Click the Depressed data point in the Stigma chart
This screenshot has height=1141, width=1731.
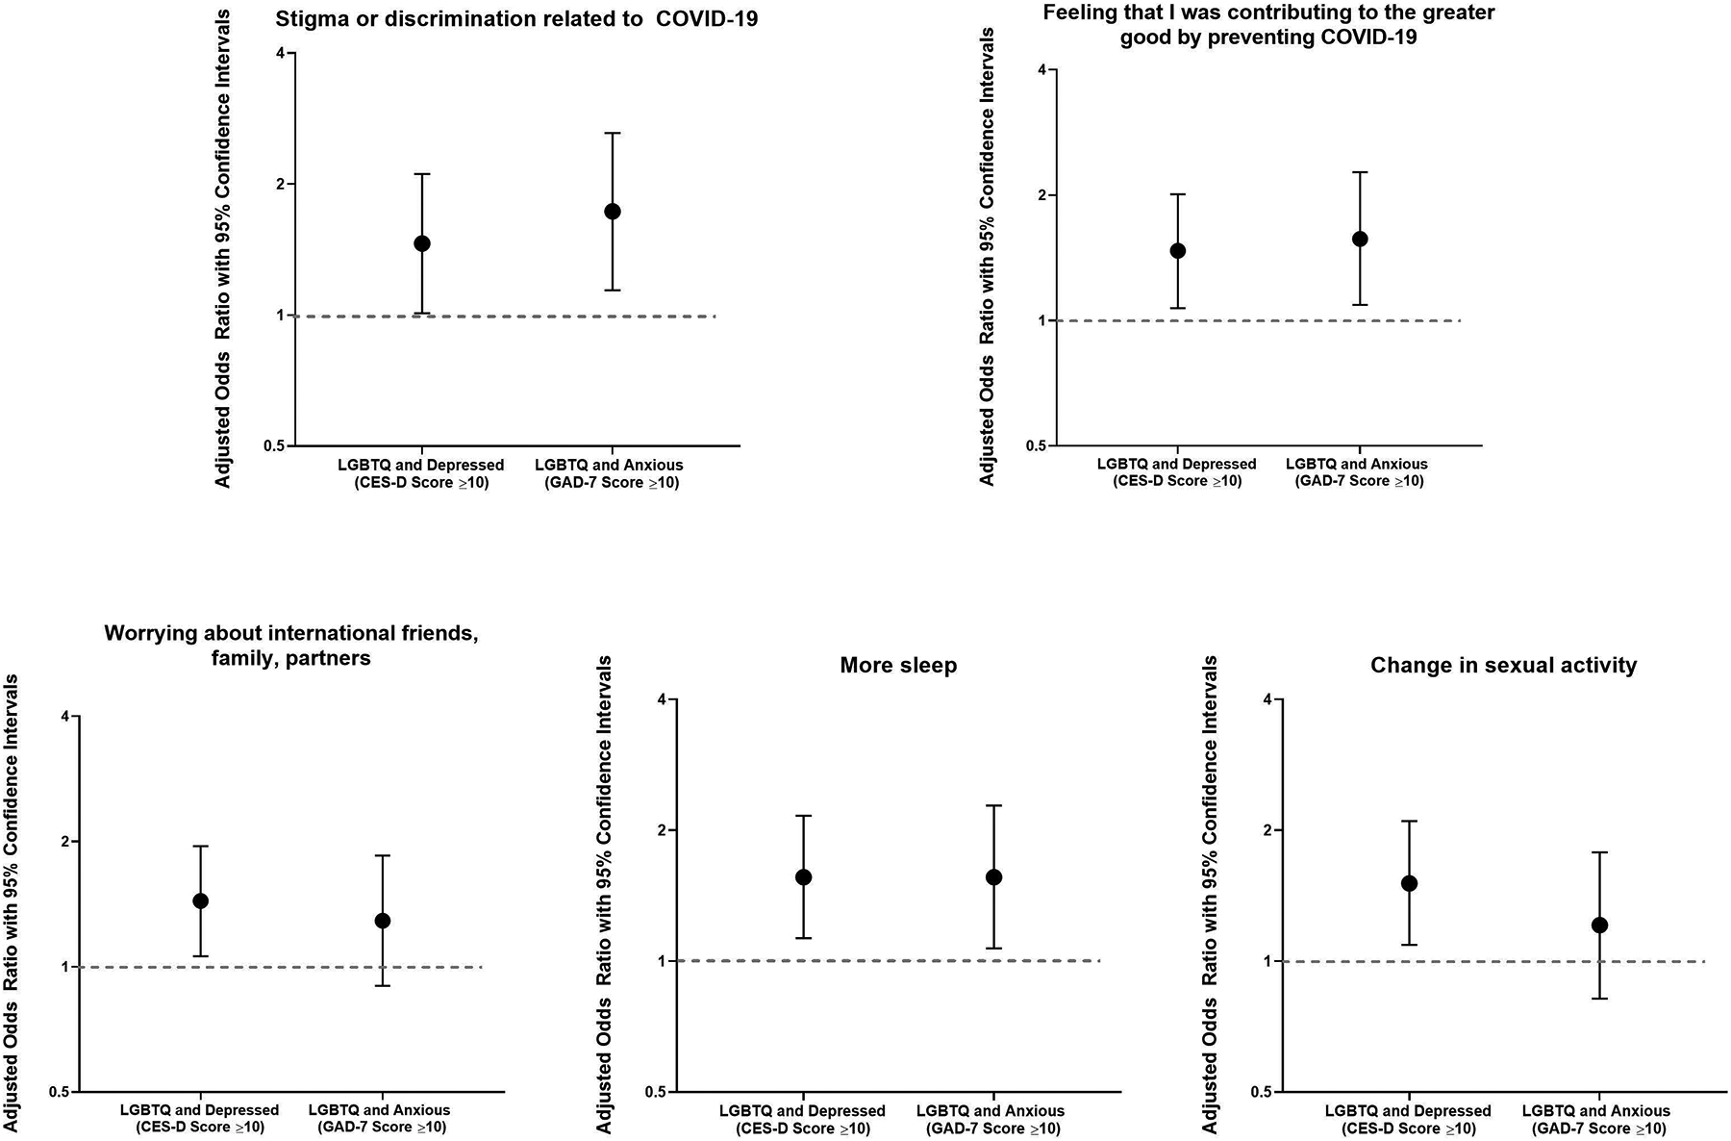(x=421, y=243)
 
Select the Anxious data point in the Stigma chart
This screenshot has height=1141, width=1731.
(x=613, y=212)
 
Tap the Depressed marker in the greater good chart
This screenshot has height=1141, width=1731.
(x=1177, y=251)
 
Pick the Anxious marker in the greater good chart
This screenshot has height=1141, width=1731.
(x=1360, y=239)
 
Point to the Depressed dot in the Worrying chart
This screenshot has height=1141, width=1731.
(x=201, y=900)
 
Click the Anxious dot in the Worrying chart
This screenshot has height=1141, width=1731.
(x=383, y=921)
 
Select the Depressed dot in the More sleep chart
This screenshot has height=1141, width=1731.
(x=803, y=877)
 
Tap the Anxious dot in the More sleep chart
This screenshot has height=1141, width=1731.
(x=993, y=877)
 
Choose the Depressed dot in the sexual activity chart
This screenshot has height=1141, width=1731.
(x=1409, y=883)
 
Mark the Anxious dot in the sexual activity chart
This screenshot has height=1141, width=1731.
(x=1599, y=925)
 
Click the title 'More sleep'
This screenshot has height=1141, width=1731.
(x=898, y=666)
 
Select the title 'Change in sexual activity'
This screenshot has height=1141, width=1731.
(x=1503, y=666)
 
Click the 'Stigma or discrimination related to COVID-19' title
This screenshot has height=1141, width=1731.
(x=516, y=18)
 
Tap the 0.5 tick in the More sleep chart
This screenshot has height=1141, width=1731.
(x=657, y=1092)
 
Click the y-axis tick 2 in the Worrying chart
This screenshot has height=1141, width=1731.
(x=64, y=842)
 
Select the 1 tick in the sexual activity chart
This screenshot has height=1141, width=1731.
(x=1267, y=961)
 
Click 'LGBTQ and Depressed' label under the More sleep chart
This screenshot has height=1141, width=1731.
(x=803, y=1111)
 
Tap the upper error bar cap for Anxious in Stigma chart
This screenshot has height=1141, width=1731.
(x=613, y=133)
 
